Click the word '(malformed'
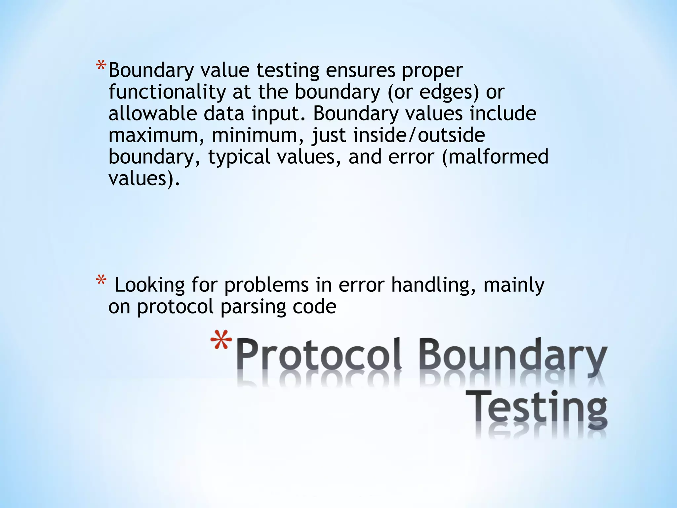(x=495, y=157)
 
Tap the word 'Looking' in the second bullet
(x=149, y=286)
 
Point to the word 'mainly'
(x=514, y=286)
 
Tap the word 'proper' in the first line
(x=432, y=71)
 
